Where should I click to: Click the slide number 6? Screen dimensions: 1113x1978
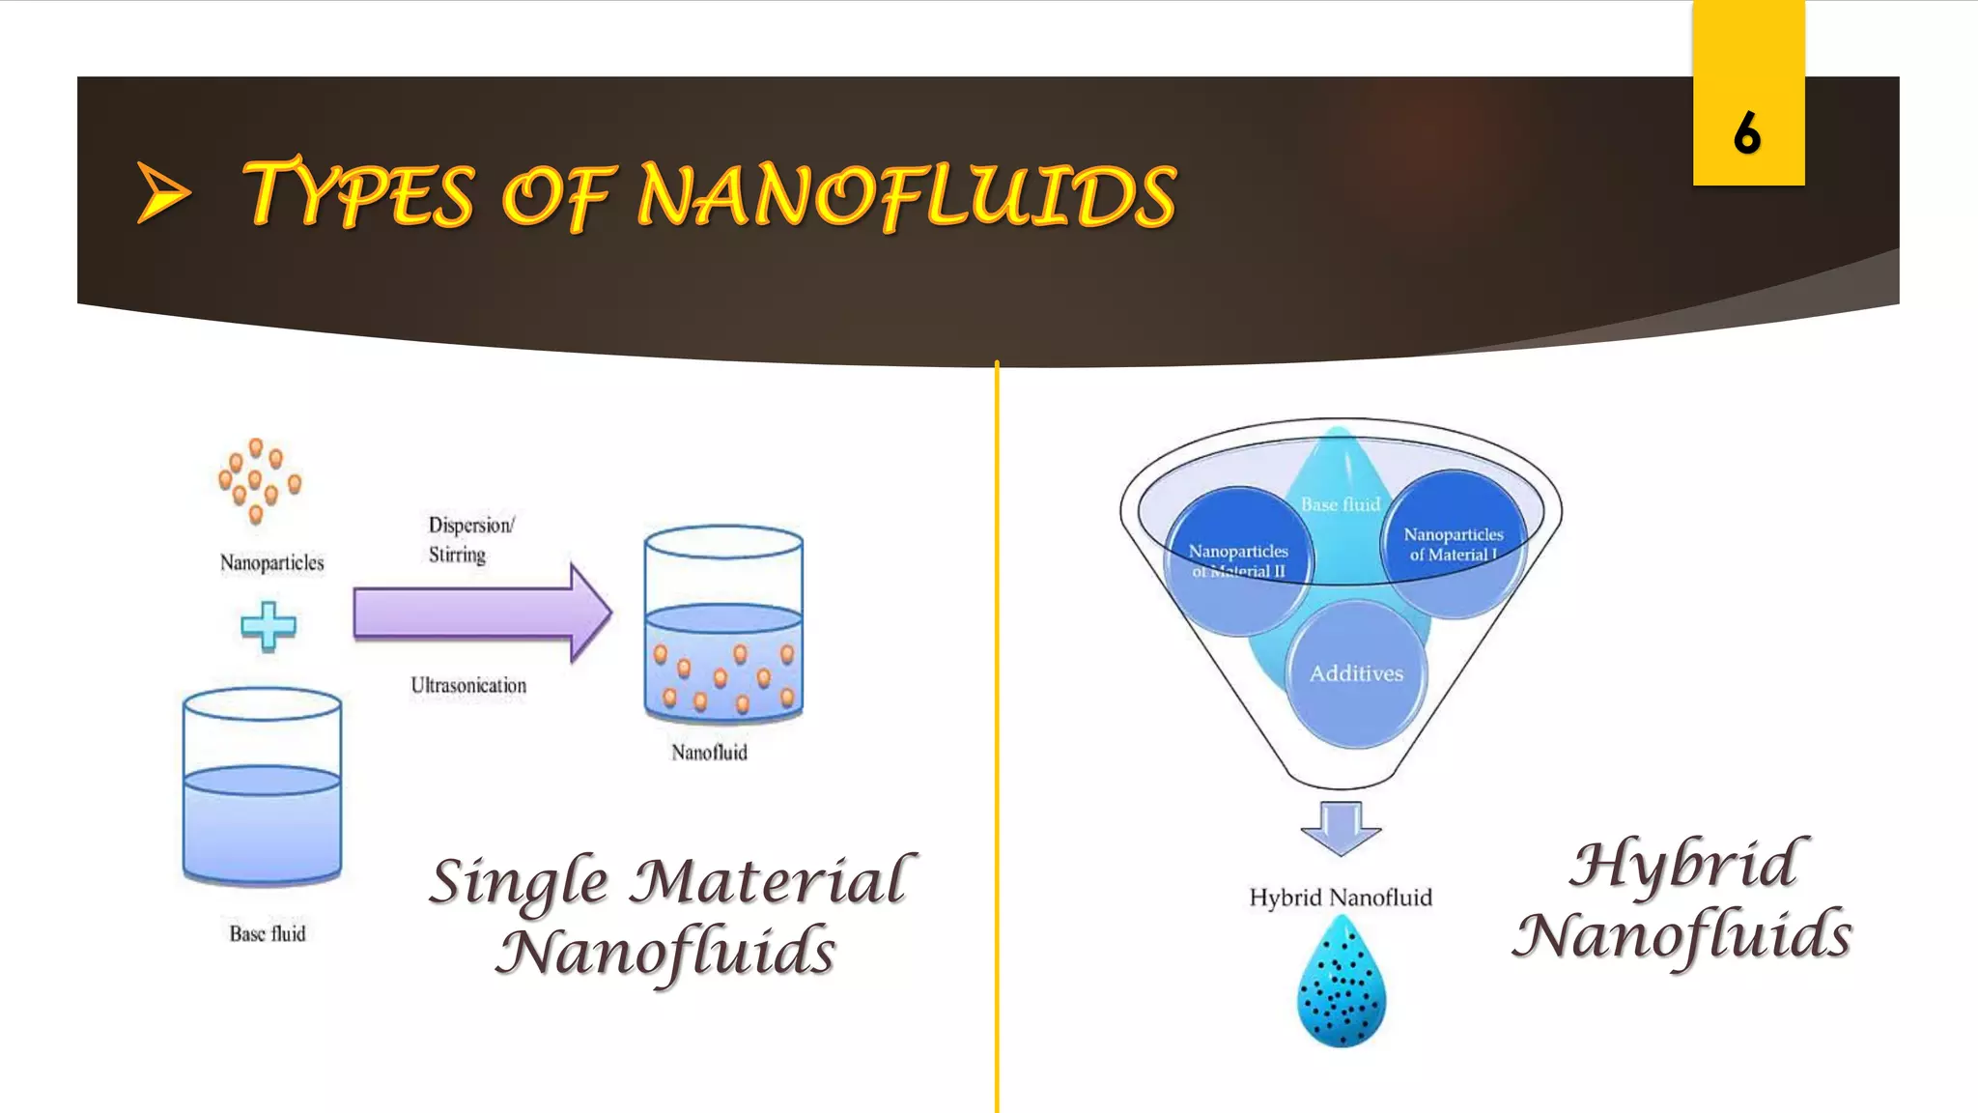click(x=1746, y=133)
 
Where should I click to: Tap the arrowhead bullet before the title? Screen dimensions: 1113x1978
click(x=162, y=192)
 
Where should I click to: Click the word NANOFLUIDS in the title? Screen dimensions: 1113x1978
click(x=906, y=197)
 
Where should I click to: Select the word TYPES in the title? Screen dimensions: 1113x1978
click(x=358, y=195)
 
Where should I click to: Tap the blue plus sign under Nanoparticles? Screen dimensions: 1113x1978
click(x=268, y=625)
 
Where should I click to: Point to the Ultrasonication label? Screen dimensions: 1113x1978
click(x=468, y=685)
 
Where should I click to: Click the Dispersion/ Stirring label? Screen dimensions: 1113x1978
click(x=470, y=539)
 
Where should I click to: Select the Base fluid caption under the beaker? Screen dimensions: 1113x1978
click(x=268, y=933)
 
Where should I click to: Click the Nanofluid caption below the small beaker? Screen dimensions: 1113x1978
click(x=709, y=752)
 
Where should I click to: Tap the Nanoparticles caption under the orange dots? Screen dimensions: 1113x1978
click(x=271, y=562)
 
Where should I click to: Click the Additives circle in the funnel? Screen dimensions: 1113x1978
click(x=1356, y=673)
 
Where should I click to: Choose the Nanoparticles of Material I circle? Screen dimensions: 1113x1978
click(x=1454, y=544)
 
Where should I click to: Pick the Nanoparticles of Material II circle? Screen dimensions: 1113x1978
click(x=1238, y=560)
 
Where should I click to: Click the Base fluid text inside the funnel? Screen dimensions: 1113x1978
click(x=1340, y=504)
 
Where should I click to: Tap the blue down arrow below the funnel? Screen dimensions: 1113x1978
click(x=1340, y=828)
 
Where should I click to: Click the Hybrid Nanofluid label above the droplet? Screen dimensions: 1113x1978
click(x=1340, y=898)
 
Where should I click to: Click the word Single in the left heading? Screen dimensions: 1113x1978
click(x=519, y=881)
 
